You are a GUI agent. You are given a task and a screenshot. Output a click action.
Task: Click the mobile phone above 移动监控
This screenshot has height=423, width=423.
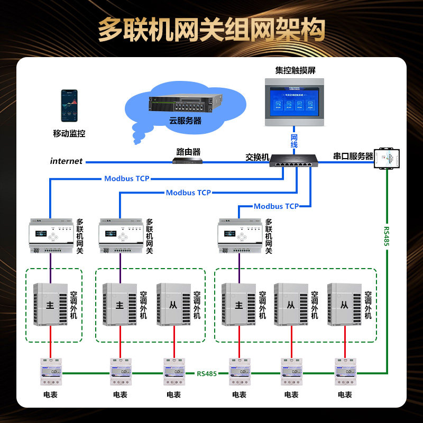(x=69, y=106)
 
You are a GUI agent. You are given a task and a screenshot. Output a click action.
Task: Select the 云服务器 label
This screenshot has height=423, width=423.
(x=185, y=121)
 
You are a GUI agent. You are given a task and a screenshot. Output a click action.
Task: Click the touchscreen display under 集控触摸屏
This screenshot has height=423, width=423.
(x=295, y=101)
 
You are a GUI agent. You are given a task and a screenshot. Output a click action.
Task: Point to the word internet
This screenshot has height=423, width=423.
(x=67, y=161)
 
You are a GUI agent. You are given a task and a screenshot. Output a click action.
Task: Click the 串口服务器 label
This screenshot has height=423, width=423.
(x=353, y=157)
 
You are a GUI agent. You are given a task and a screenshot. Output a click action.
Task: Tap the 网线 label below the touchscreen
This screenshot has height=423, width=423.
(x=295, y=141)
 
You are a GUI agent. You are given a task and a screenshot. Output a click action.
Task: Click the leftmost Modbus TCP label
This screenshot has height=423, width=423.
(x=127, y=179)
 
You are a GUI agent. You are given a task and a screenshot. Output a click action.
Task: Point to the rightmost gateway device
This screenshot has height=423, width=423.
(x=239, y=235)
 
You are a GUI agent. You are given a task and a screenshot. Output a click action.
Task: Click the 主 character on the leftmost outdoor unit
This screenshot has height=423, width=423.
(x=51, y=305)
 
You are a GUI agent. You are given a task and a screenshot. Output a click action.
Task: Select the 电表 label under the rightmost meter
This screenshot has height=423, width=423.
(x=345, y=394)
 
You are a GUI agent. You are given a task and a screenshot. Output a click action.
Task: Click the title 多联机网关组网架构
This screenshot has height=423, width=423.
(x=212, y=30)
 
